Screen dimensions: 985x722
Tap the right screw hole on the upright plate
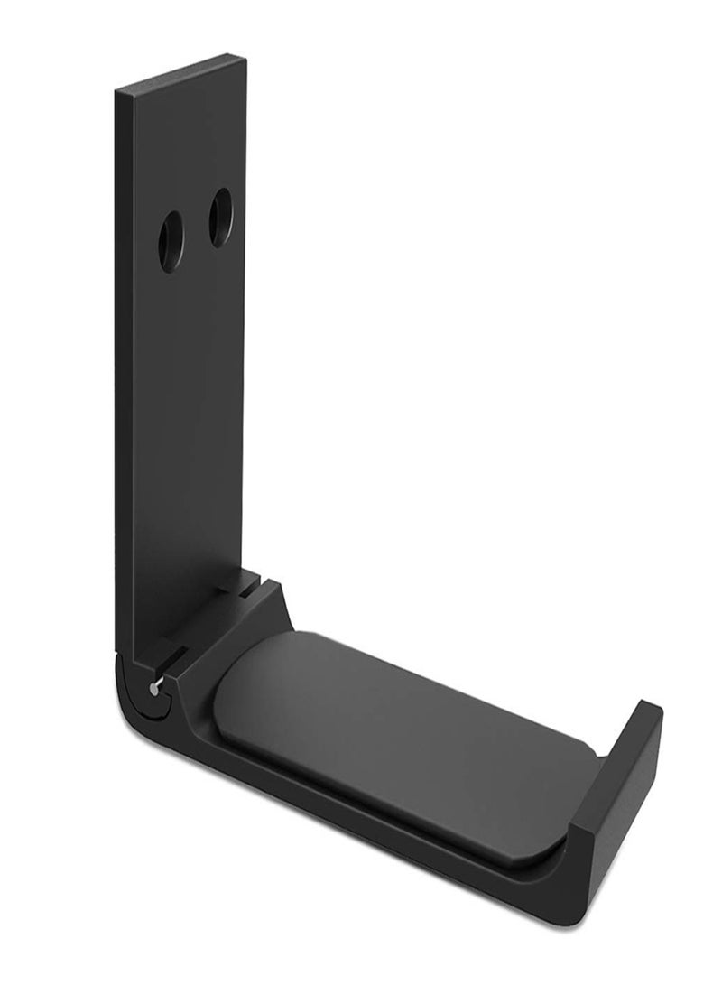[x=220, y=218]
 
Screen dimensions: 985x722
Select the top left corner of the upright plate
[x=117, y=91]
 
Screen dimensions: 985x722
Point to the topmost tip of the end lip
[x=643, y=702]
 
